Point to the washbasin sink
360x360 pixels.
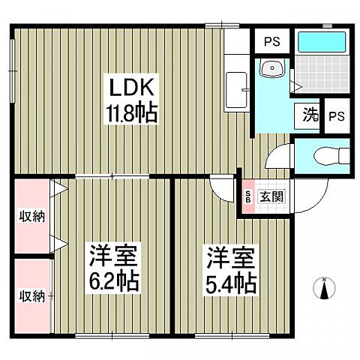pyautogui.click(x=271, y=70)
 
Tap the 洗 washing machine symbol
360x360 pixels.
pyautogui.click(x=310, y=115)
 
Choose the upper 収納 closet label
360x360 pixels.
pyautogui.click(x=31, y=217)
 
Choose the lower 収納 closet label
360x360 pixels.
pyautogui.click(x=31, y=295)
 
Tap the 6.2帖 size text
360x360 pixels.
pyautogui.click(x=113, y=284)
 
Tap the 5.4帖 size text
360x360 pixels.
pyautogui.click(x=232, y=284)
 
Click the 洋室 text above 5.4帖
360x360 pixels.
pyautogui.click(x=232, y=260)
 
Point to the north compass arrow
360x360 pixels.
pyautogui.click(x=324, y=289)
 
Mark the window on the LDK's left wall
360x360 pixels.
pyautogui.click(x=13, y=58)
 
